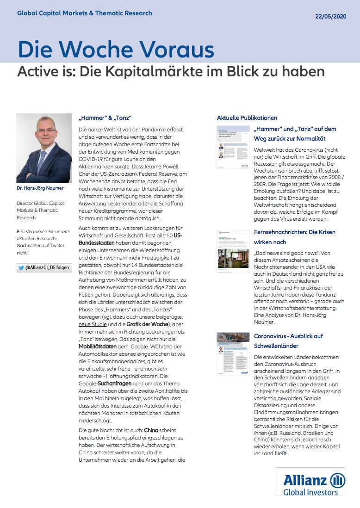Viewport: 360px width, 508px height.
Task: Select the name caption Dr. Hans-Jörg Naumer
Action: pyautogui.click(x=41, y=189)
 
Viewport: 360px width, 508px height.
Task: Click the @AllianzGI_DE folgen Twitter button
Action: pyautogui.click(x=44, y=268)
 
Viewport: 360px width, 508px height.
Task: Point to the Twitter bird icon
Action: pyautogui.click(x=21, y=268)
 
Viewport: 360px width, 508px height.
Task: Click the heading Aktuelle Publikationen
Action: pyautogui.click(x=247, y=118)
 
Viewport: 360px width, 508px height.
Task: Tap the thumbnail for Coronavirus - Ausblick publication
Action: pyautogui.click(x=233, y=353)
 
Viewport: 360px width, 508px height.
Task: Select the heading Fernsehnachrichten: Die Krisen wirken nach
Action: pyautogui.click(x=295, y=237)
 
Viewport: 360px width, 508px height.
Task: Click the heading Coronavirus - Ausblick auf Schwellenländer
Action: pyautogui.click(x=289, y=341)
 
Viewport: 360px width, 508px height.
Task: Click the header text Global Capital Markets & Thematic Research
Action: pyautogui.click(x=85, y=13)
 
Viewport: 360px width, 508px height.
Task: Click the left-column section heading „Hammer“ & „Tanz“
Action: pyautogui.click(x=106, y=118)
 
